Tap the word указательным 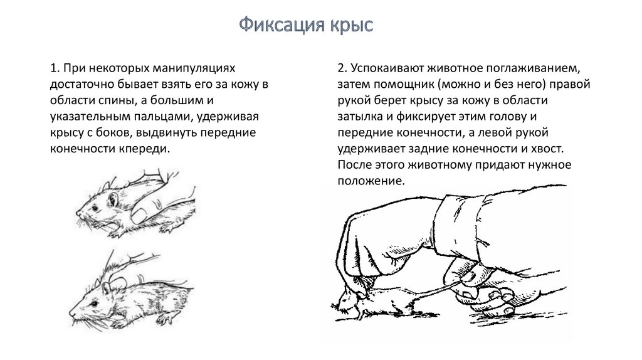(89, 117)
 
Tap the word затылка (360, 117)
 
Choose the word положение (371, 181)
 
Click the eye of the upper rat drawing (95, 208)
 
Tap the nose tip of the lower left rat (70, 315)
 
